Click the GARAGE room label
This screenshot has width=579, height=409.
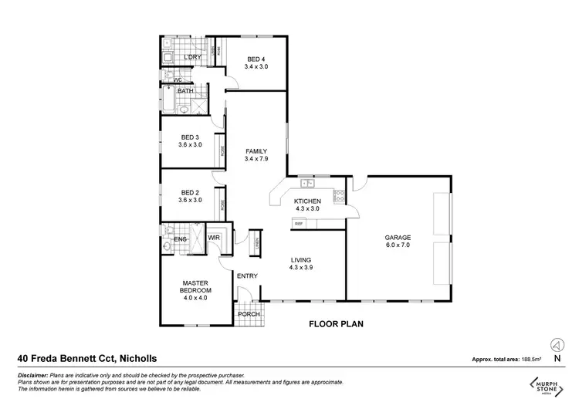[398, 238]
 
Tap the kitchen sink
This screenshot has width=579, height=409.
[306, 184]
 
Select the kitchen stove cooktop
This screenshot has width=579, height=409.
[338, 197]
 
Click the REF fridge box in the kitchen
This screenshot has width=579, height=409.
[298, 223]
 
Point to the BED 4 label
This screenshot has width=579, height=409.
[256, 59]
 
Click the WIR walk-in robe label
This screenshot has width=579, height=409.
[214, 238]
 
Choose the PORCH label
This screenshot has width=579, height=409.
[248, 313]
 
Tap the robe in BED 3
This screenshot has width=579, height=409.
[222, 151]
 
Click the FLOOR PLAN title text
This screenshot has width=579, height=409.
[337, 324]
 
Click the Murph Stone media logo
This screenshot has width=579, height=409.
[543, 384]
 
